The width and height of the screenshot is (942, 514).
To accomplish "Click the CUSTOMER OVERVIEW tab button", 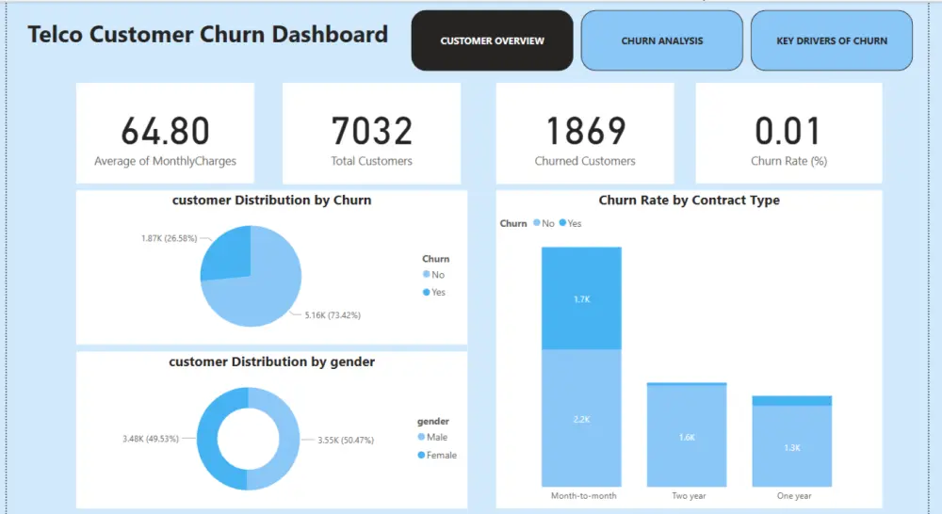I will pos(492,41).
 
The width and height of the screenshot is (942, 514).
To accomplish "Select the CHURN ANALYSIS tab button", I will pos(662,41).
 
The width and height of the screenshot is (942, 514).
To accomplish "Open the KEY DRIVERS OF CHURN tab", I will pos(832,41).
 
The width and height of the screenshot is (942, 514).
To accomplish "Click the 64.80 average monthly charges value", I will pos(165,131).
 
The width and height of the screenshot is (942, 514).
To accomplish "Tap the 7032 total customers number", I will pos(371,131).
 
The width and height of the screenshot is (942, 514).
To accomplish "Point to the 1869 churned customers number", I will pos(585,131).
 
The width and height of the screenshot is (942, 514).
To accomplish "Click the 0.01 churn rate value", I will pos(788,131).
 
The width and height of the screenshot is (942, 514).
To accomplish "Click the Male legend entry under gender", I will pos(436,437).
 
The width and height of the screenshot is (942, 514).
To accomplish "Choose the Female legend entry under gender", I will pos(441,455).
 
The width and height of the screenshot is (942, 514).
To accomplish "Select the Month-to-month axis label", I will pos(581,495).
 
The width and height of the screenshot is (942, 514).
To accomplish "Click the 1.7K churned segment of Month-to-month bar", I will pos(581,298).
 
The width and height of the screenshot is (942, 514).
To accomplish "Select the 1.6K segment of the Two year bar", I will pos(687,438).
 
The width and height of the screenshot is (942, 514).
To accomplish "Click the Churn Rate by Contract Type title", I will pos(689,201).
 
